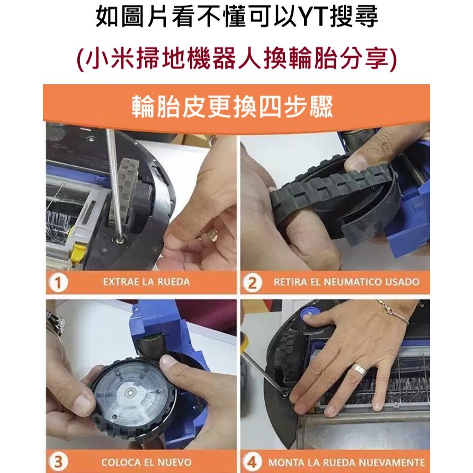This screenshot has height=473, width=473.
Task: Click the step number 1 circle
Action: tap(58, 282)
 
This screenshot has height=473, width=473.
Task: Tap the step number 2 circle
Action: tap(252, 282)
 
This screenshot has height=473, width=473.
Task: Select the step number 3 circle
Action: tap(58, 461)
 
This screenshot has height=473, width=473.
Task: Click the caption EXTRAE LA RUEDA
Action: tap(146, 282)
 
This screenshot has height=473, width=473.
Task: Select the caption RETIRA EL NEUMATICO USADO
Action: tap(346, 282)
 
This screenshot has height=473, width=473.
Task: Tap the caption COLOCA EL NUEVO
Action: tap(146, 462)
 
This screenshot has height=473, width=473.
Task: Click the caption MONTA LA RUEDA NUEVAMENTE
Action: tap(346, 462)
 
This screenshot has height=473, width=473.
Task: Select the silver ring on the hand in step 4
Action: tap(360, 370)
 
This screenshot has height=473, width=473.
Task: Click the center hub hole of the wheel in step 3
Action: tap(130, 392)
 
